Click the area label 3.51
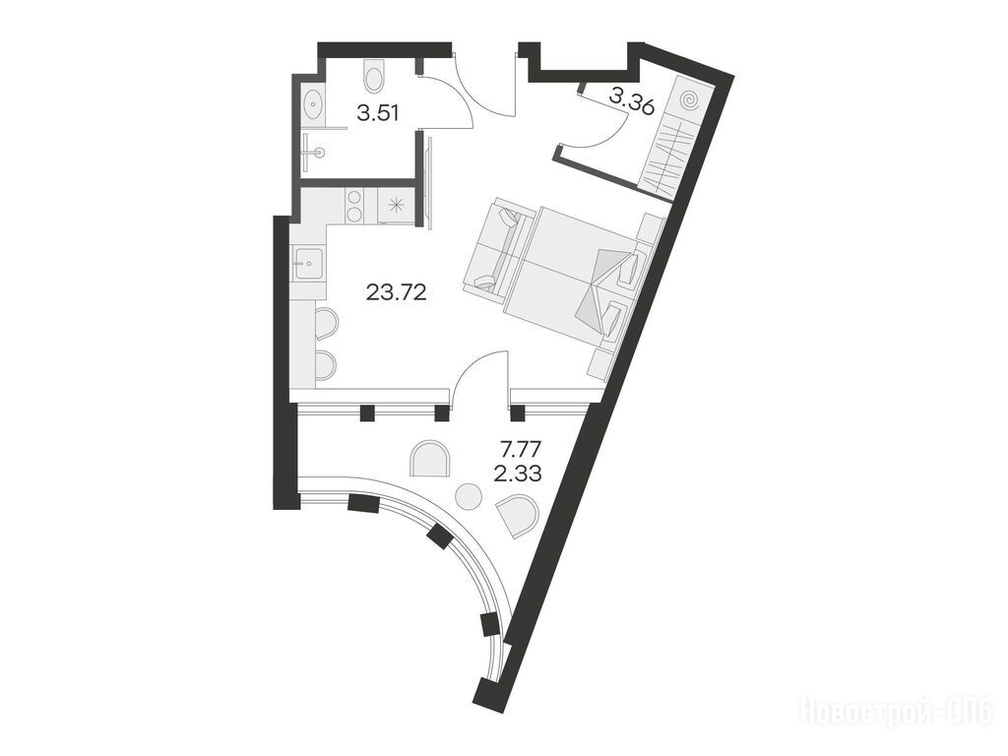pos(378,114)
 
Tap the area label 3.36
pos(631,100)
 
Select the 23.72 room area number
pos(397,293)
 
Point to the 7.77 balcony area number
pos(520,446)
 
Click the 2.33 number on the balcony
pos(518,474)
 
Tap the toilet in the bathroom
pos(373,76)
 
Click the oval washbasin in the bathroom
pos(313,103)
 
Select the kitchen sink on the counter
pos(309,263)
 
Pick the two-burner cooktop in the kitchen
pos(354,206)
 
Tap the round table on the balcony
pos(469,496)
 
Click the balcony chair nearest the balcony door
pos(430,458)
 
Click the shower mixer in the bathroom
pos(316,153)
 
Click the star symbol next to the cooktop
pos(398,205)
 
